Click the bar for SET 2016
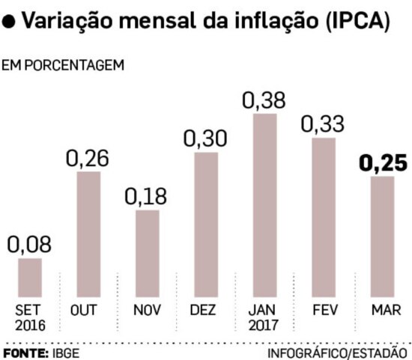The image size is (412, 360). click(30, 277)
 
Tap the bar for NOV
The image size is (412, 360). click(147, 253)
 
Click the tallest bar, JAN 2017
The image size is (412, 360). click(264, 205)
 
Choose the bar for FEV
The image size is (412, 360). click(323, 217)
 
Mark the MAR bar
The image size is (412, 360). click(381, 237)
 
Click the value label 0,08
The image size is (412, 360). click(28, 245)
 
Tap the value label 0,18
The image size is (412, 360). click(146, 197)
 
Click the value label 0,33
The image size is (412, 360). click(323, 124)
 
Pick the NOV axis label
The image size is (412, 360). click(147, 311)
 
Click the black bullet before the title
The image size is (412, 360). click(9, 22)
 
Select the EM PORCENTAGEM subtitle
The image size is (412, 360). click(63, 66)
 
